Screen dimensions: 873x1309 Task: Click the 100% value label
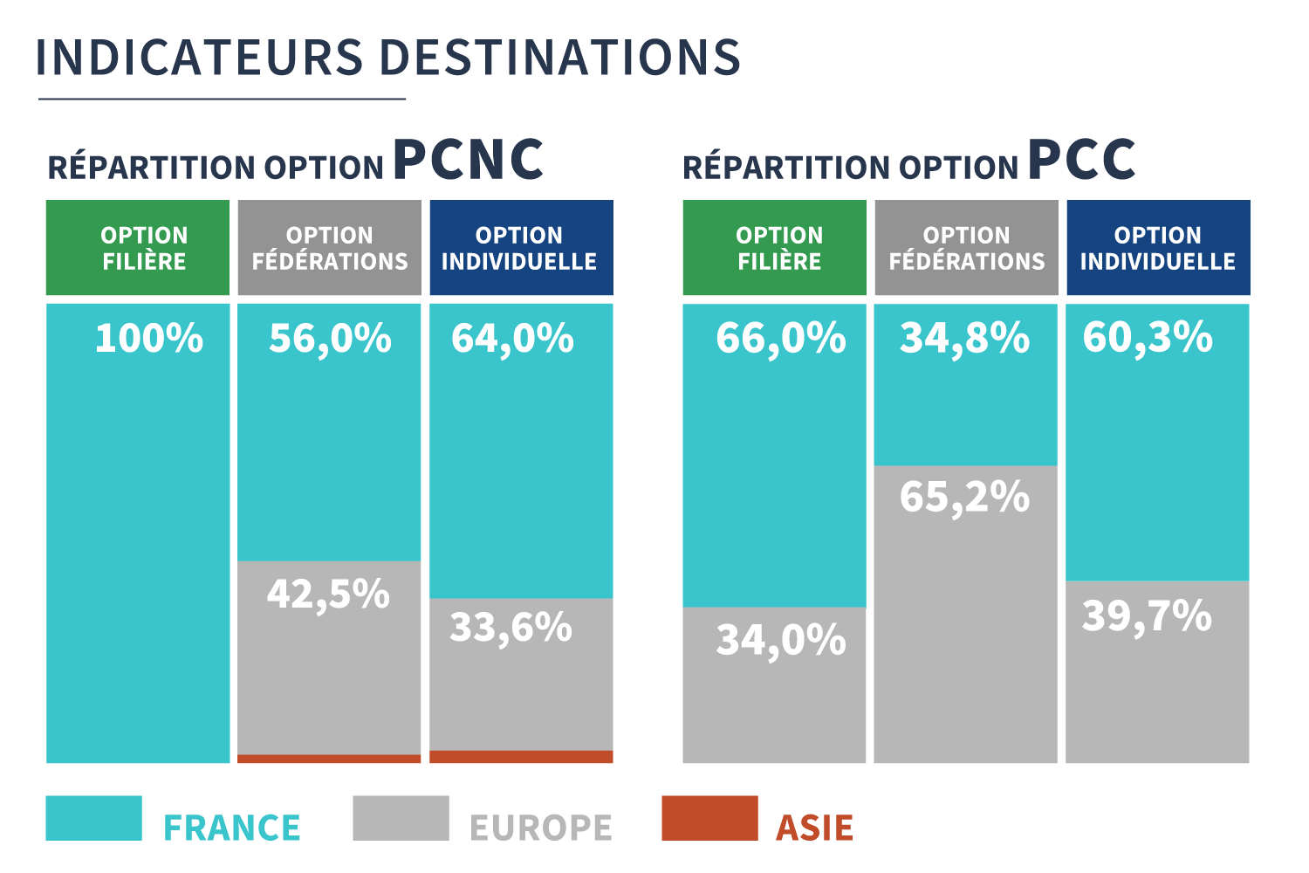pyautogui.click(x=148, y=338)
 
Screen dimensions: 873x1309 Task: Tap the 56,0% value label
pyautogui.click(x=330, y=338)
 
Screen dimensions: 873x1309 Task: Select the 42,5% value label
pyautogui.click(x=328, y=594)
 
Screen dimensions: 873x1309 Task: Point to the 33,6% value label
pyautogui.click(x=511, y=627)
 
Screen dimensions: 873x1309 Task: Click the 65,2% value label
pyautogui.click(x=965, y=497)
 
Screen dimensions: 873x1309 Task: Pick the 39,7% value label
pyautogui.click(x=1148, y=615)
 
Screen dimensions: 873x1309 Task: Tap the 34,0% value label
pyautogui.click(x=781, y=639)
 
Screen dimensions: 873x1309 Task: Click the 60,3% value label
pyautogui.click(x=1148, y=337)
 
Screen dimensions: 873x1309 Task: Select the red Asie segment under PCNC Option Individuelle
pyautogui.click(x=521, y=757)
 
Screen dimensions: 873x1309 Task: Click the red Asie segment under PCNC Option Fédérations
pyautogui.click(x=329, y=759)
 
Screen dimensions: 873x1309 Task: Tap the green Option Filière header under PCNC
pyautogui.click(x=138, y=248)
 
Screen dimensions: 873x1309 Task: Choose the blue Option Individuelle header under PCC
pyautogui.click(x=1158, y=248)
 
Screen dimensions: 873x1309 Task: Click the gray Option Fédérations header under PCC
pyautogui.click(x=966, y=248)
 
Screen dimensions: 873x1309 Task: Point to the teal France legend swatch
pyautogui.click(x=93, y=818)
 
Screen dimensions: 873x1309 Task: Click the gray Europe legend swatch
pyautogui.click(x=401, y=818)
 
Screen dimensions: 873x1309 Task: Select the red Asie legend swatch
pyautogui.click(x=709, y=818)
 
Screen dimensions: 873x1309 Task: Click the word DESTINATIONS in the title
pyautogui.click(x=560, y=58)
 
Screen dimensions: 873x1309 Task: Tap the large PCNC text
pyautogui.click(x=469, y=160)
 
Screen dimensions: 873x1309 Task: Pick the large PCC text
pyautogui.click(x=1082, y=160)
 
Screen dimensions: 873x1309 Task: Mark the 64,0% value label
pyautogui.click(x=512, y=338)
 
